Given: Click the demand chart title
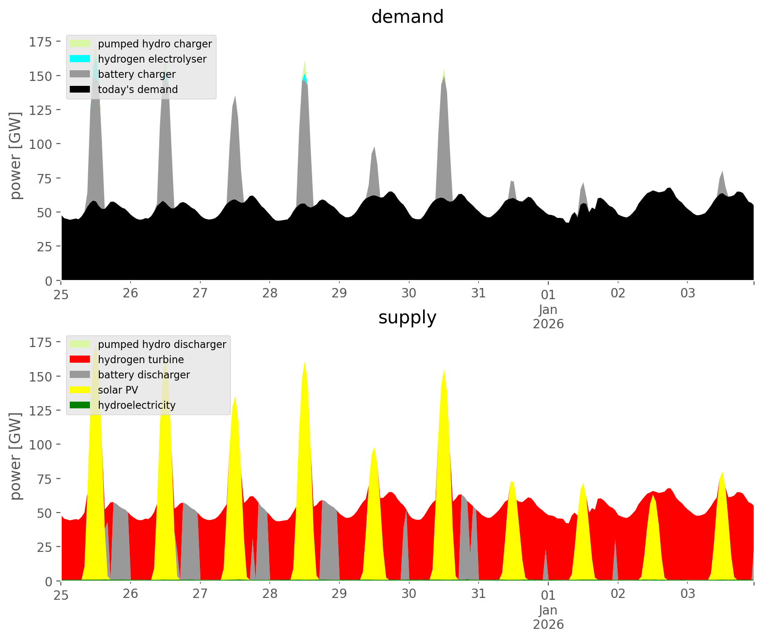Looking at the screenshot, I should point(407,17).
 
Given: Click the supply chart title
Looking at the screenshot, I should point(407,318).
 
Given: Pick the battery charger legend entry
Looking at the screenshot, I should point(136,74).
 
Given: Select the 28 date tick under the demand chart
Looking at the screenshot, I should point(270,293).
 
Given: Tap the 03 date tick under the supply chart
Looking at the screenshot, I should point(688,594).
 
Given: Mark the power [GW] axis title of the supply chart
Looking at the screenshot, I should point(16,456).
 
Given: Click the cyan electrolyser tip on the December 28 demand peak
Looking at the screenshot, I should point(305,77).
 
